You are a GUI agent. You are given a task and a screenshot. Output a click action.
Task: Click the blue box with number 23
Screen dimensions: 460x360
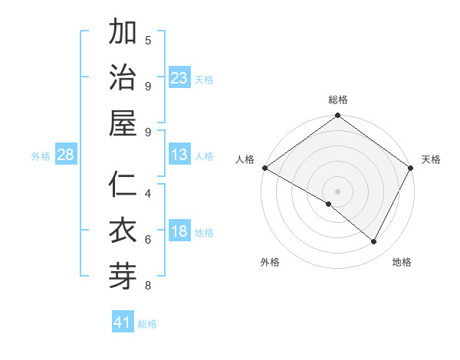pyautogui.click(x=179, y=78)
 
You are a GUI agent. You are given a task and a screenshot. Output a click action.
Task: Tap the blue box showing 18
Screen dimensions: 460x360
pyautogui.click(x=179, y=232)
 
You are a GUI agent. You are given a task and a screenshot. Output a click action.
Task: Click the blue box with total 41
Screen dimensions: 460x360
pyautogui.click(x=123, y=322)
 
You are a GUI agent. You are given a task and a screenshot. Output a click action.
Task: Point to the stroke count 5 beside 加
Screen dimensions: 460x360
pyautogui.click(x=148, y=40)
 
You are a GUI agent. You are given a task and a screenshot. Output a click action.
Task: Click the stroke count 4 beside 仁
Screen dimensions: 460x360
pyautogui.click(x=148, y=193)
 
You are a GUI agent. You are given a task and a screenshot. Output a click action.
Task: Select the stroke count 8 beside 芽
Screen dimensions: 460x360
pyautogui.click(x=148, y=286)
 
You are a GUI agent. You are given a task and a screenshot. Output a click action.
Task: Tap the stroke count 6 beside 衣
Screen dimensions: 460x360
pyautogui.click(x=148, y=239)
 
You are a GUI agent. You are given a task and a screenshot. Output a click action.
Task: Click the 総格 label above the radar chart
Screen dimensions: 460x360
pyautogui.click(x=338, y=100)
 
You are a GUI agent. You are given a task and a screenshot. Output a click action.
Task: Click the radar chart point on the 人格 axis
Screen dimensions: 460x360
pyautogui.click(x=264, y=168)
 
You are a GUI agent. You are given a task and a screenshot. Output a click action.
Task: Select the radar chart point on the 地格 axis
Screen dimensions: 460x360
pyautogui.click(x=374, y=242)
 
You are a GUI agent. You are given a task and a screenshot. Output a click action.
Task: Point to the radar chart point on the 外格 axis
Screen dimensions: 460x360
pyautogui.click(x=329, y=204)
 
